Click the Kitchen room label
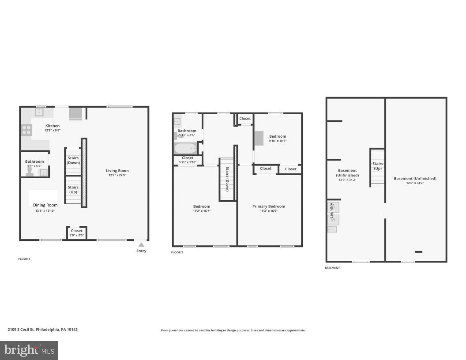tap(53, 126)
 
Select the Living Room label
tap(117, 171)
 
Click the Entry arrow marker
tap(141, 244)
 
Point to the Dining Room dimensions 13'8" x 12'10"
tap(46, 211)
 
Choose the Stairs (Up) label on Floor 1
tap(73, 189)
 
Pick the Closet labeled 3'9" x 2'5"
tap(76, 232)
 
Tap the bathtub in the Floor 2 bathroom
tap(185, 148)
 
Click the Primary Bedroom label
tap(269, 206)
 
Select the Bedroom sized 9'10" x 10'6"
tap(278, 139)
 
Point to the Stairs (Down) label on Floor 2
tap(227, 178)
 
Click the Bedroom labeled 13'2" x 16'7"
tap(201, 208)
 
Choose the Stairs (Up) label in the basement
tap(378, 166)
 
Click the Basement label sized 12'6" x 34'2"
tap(415, 180)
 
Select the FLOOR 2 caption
tap(177, 252)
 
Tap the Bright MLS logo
tap(29, 350)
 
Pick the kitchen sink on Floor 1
tap(40, 112)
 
